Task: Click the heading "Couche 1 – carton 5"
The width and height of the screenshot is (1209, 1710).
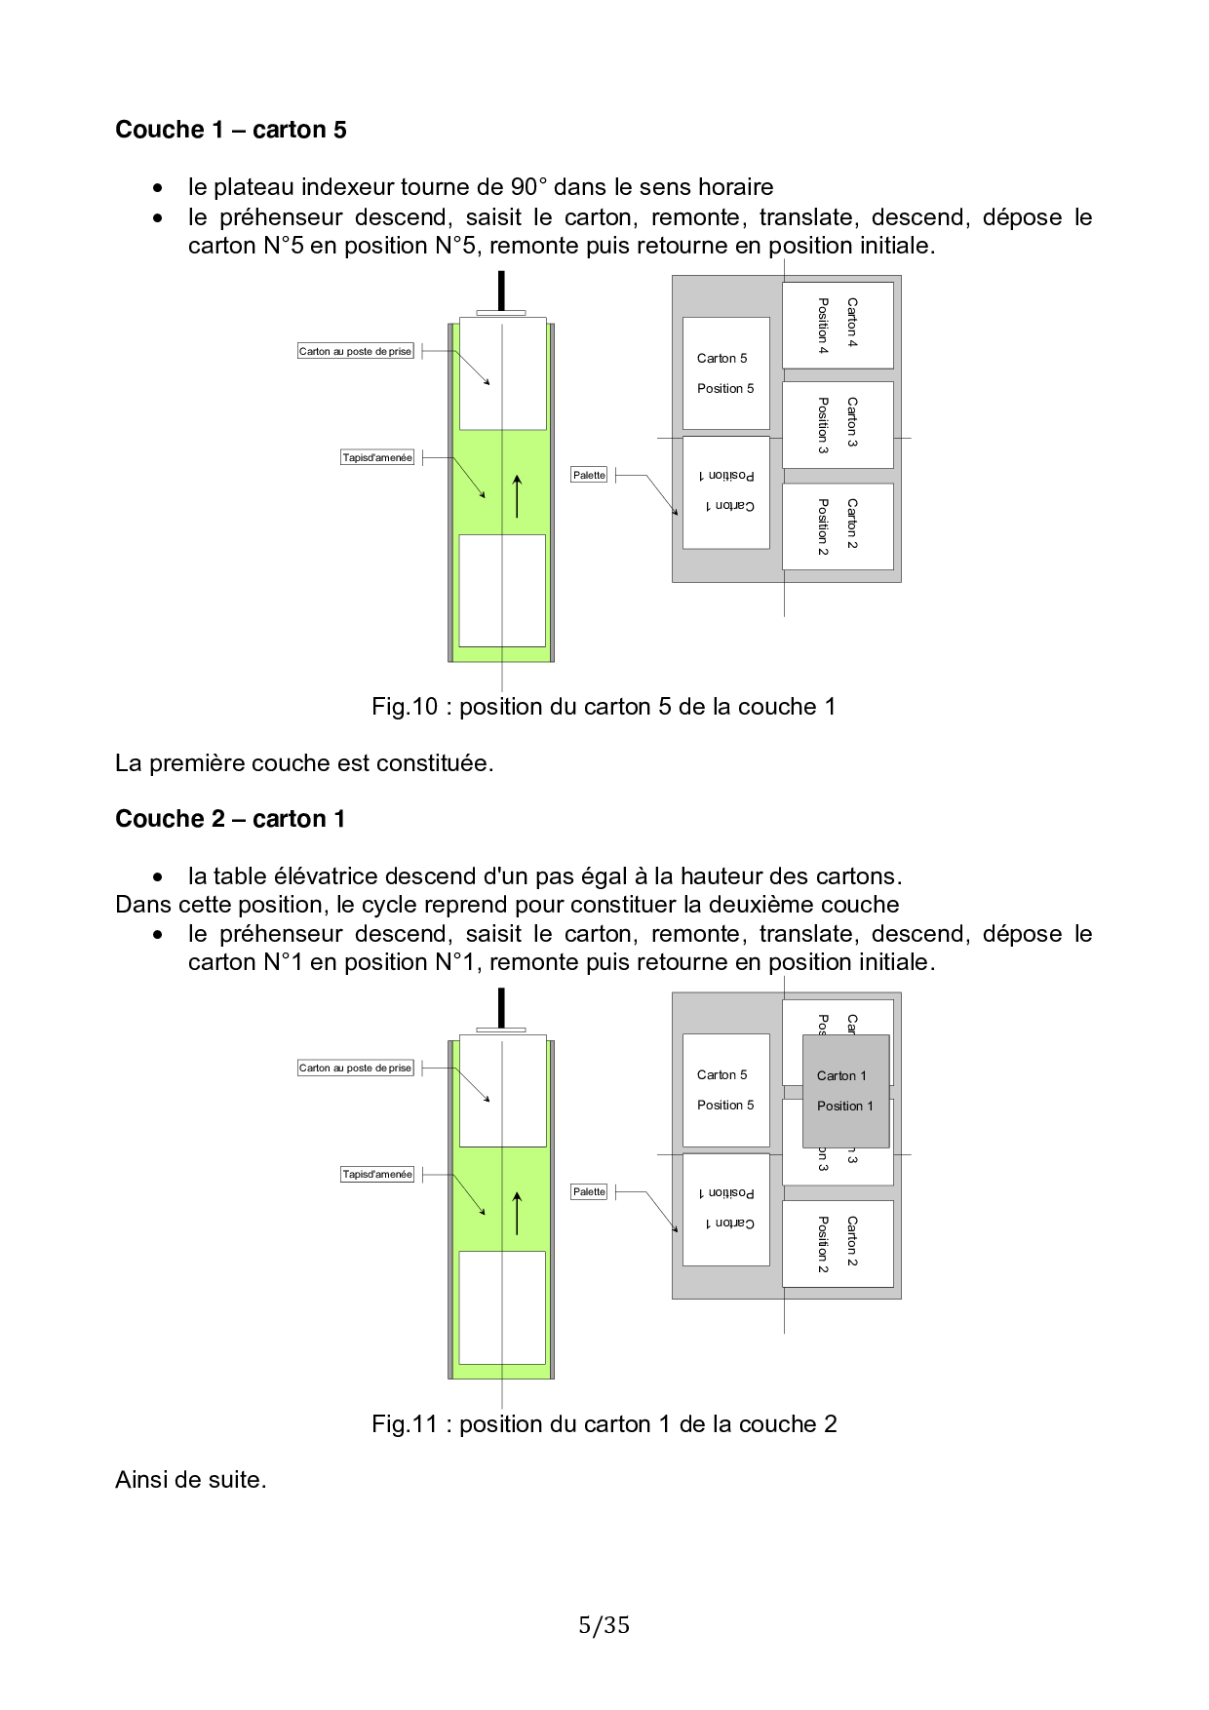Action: coord(231,130)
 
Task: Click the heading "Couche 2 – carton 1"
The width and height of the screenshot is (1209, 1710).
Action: coord(230,819)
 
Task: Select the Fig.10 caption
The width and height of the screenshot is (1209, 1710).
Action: coord(604,707)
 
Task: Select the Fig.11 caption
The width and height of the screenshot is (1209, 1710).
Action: coord(604,1424)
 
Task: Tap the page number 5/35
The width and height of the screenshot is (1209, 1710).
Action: coord(604,1625)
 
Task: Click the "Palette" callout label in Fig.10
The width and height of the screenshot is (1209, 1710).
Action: coord(589,475)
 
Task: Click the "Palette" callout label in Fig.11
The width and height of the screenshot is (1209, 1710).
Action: coord(589,1191)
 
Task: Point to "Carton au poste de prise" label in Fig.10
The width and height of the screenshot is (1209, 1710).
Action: coord(356,351)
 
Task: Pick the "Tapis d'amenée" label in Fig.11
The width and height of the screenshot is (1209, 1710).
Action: coord(377,1174)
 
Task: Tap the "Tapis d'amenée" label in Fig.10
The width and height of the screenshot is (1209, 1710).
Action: coord(377,457)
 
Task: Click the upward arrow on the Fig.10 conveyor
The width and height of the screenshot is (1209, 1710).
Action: coord(517,496)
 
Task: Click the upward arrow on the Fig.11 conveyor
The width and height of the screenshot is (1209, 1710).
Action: coord(517,1214)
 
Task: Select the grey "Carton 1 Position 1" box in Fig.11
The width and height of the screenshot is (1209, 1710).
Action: coord(845,1091)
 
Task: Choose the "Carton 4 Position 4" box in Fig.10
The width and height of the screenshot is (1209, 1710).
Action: coord(838,326)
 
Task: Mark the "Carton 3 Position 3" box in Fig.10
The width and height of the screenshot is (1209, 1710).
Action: coord(838,425)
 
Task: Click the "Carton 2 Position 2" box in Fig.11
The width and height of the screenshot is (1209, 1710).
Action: coord(838,1243)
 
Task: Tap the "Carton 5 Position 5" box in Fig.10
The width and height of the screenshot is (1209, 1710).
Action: coord(726,373)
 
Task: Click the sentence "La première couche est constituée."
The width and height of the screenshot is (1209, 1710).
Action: coord(304,763)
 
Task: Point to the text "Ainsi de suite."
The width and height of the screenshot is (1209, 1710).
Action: coord(191,1480)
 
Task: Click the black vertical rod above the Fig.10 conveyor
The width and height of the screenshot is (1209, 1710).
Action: coord(501,291)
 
